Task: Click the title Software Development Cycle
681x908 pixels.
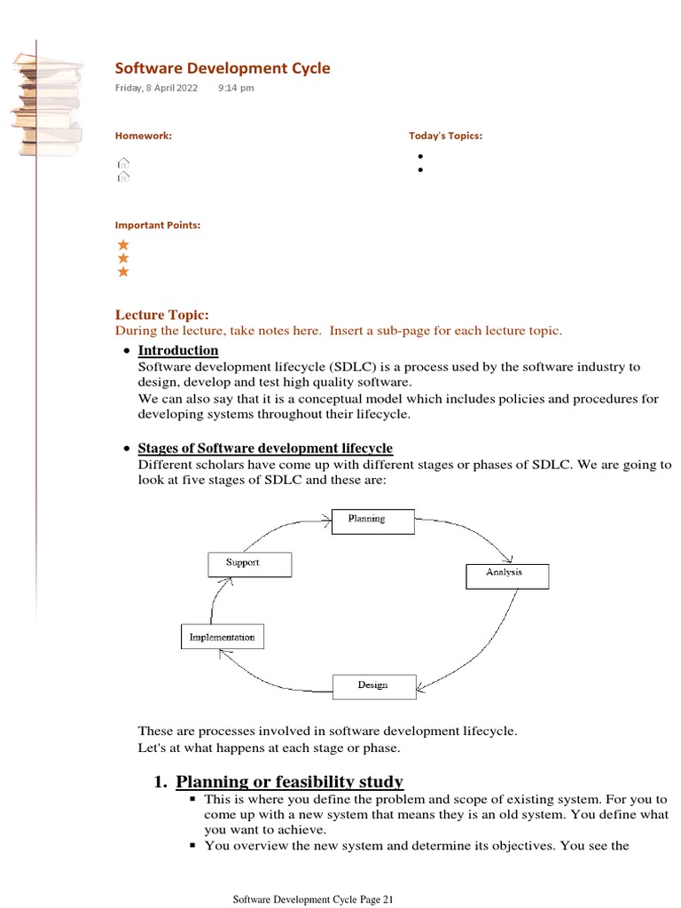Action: pyautogui.click(x=223, y=68)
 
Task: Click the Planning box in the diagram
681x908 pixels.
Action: pyautogui.click(x=372, y=521)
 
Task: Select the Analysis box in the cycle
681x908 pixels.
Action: pyautogui.click(x=507, y=575)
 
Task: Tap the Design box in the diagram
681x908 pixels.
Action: pyautogui.click(x=373, y=686)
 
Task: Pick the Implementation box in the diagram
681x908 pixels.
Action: pyautogui.click(x=222, y=638)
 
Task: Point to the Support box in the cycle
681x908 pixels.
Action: pyautogui.click(x=248, y=564)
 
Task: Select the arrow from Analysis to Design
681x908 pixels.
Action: pyautogui.click(x=479, y=647)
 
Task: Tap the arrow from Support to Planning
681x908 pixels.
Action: pyautogui.click(x=275, y=528)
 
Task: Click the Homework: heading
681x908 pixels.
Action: pyautogui.click(x=144, y=136)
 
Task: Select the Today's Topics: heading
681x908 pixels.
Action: pyautogui.click(x=445, y=136)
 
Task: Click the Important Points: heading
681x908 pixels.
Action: pyautogui.click(x=158, y=225)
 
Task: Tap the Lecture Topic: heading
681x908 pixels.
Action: pyautogui.click(x=162, y=315)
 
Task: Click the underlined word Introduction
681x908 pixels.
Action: pyautogui.click(x=178, y=350)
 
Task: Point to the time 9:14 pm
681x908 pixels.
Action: pyautogui.click(x=236, y=88)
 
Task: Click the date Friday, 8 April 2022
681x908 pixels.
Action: pyautogui.click(x=157, y=88)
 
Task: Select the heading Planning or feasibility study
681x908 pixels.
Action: pyautogui.click(x=289, y=781)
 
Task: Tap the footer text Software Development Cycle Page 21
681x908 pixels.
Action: pyautogui.click(x=313, y=899)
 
